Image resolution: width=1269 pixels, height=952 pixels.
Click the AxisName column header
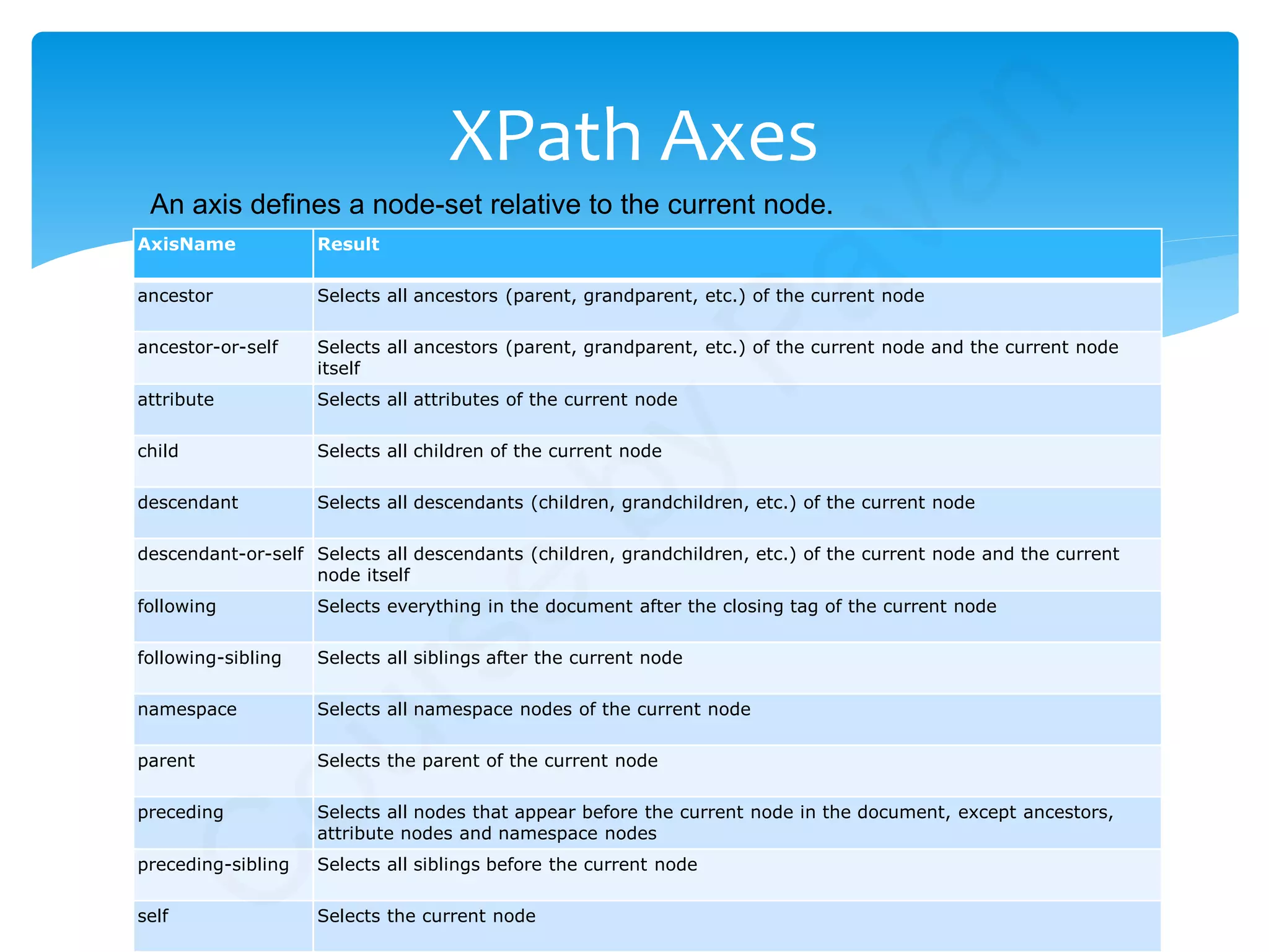click(187, 244)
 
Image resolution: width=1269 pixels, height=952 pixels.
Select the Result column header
click(348, 244)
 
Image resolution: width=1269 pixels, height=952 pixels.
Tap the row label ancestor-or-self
click(208, 347)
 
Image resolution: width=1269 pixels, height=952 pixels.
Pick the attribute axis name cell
click(175, 399)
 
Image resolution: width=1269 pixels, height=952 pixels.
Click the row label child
click(157, 451)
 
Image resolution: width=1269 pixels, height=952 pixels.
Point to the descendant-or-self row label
click(220, 553)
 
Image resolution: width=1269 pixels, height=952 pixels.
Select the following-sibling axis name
click(209, 658)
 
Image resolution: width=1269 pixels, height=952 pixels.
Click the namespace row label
click(187, 709)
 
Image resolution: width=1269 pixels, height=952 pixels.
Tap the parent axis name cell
click(166, 760)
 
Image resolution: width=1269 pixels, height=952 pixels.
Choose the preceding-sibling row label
click(213, 864)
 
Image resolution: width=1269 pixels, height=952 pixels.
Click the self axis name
click(152, 915)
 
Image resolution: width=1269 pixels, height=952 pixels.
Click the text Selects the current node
click(426, 915)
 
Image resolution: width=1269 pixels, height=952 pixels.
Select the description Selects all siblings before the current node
click(507, 864)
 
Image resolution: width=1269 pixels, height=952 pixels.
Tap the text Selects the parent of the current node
click(487, 760)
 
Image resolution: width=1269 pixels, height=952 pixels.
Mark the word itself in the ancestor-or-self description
click(338, 368)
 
